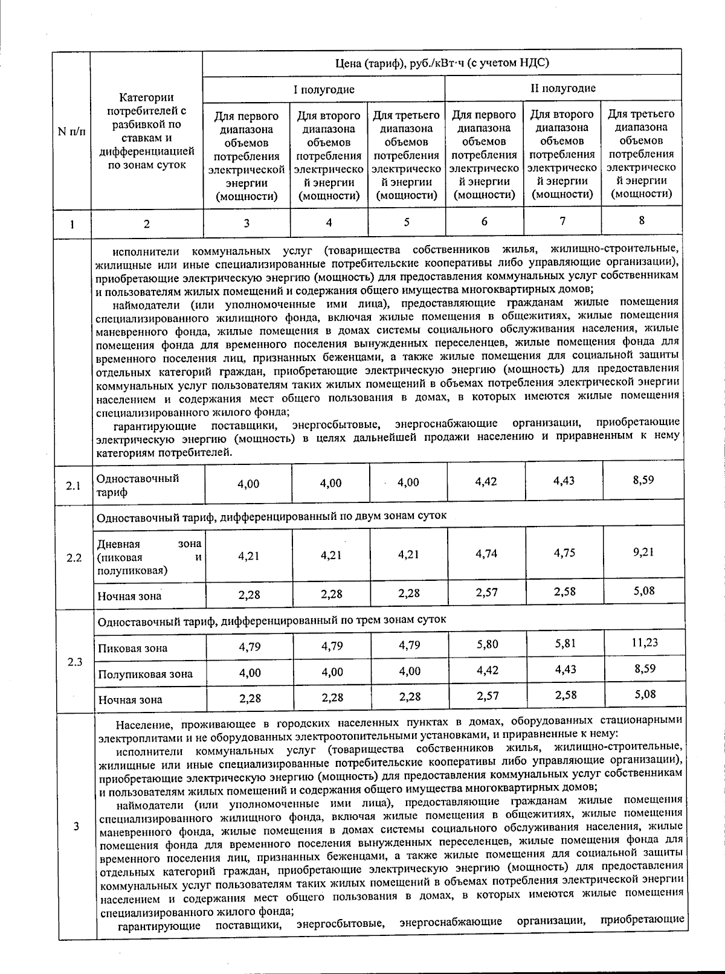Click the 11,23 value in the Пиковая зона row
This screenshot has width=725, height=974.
point(645,642)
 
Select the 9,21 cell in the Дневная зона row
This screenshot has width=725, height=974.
point(643,551)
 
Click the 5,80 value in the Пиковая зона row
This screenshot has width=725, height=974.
point(487,644)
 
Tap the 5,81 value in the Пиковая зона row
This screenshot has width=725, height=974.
point(565,644)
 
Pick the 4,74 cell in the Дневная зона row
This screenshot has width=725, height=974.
point(486,553)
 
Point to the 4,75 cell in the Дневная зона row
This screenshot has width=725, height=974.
point(564,553)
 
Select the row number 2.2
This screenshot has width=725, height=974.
point(74,557)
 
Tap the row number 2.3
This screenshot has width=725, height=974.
point(75,662)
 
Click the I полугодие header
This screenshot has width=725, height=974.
point(324,90)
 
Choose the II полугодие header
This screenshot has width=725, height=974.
point(562,88)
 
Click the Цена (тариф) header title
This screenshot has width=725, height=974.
point(442,63)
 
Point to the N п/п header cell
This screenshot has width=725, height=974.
point(71,132)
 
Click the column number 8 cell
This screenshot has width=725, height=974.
point(641,220)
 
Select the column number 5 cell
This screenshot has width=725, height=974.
point(407,222)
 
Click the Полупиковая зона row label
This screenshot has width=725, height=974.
point(145,674)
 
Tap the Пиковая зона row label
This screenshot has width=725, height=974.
point(132,649)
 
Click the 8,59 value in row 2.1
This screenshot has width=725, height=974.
point(643,480)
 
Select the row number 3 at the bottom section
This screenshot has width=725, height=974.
point(76,827)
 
